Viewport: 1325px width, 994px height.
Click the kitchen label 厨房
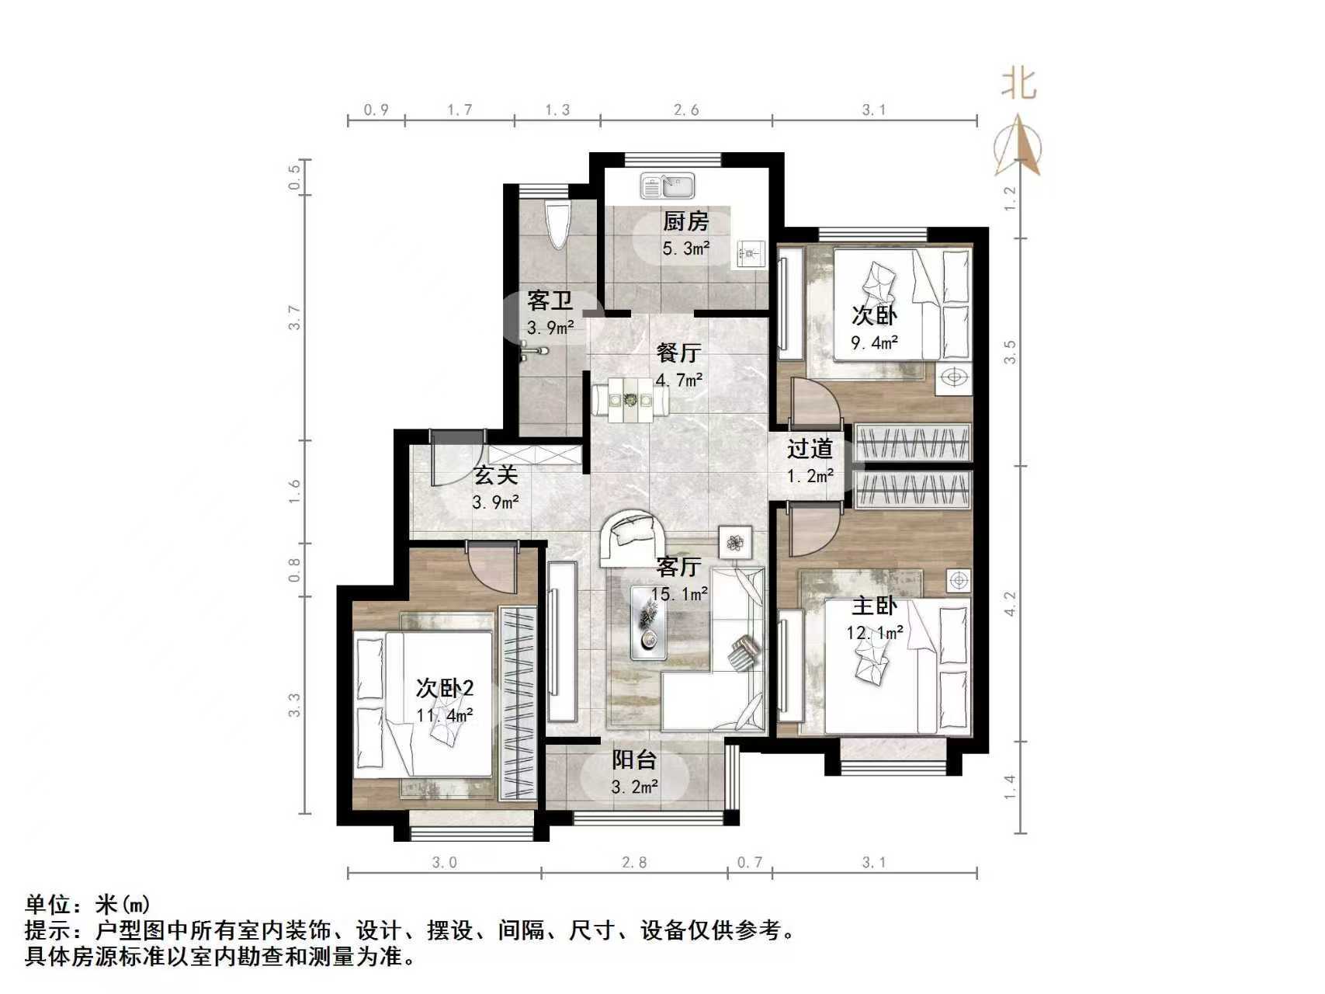coord(685,221)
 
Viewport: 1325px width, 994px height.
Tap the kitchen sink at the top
coord(668,186)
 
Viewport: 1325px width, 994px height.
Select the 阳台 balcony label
coord(634,759)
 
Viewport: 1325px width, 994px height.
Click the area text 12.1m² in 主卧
coord(875,633)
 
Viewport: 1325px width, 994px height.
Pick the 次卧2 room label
coord(445,688)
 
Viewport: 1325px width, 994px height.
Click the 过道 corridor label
coord(810,448)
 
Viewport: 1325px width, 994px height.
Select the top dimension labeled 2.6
coord(685,110)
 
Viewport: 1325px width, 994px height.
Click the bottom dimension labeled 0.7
coord(750,862)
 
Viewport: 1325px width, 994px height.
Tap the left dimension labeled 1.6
coord(293,492)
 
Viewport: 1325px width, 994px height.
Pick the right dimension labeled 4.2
coord(1009,603)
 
